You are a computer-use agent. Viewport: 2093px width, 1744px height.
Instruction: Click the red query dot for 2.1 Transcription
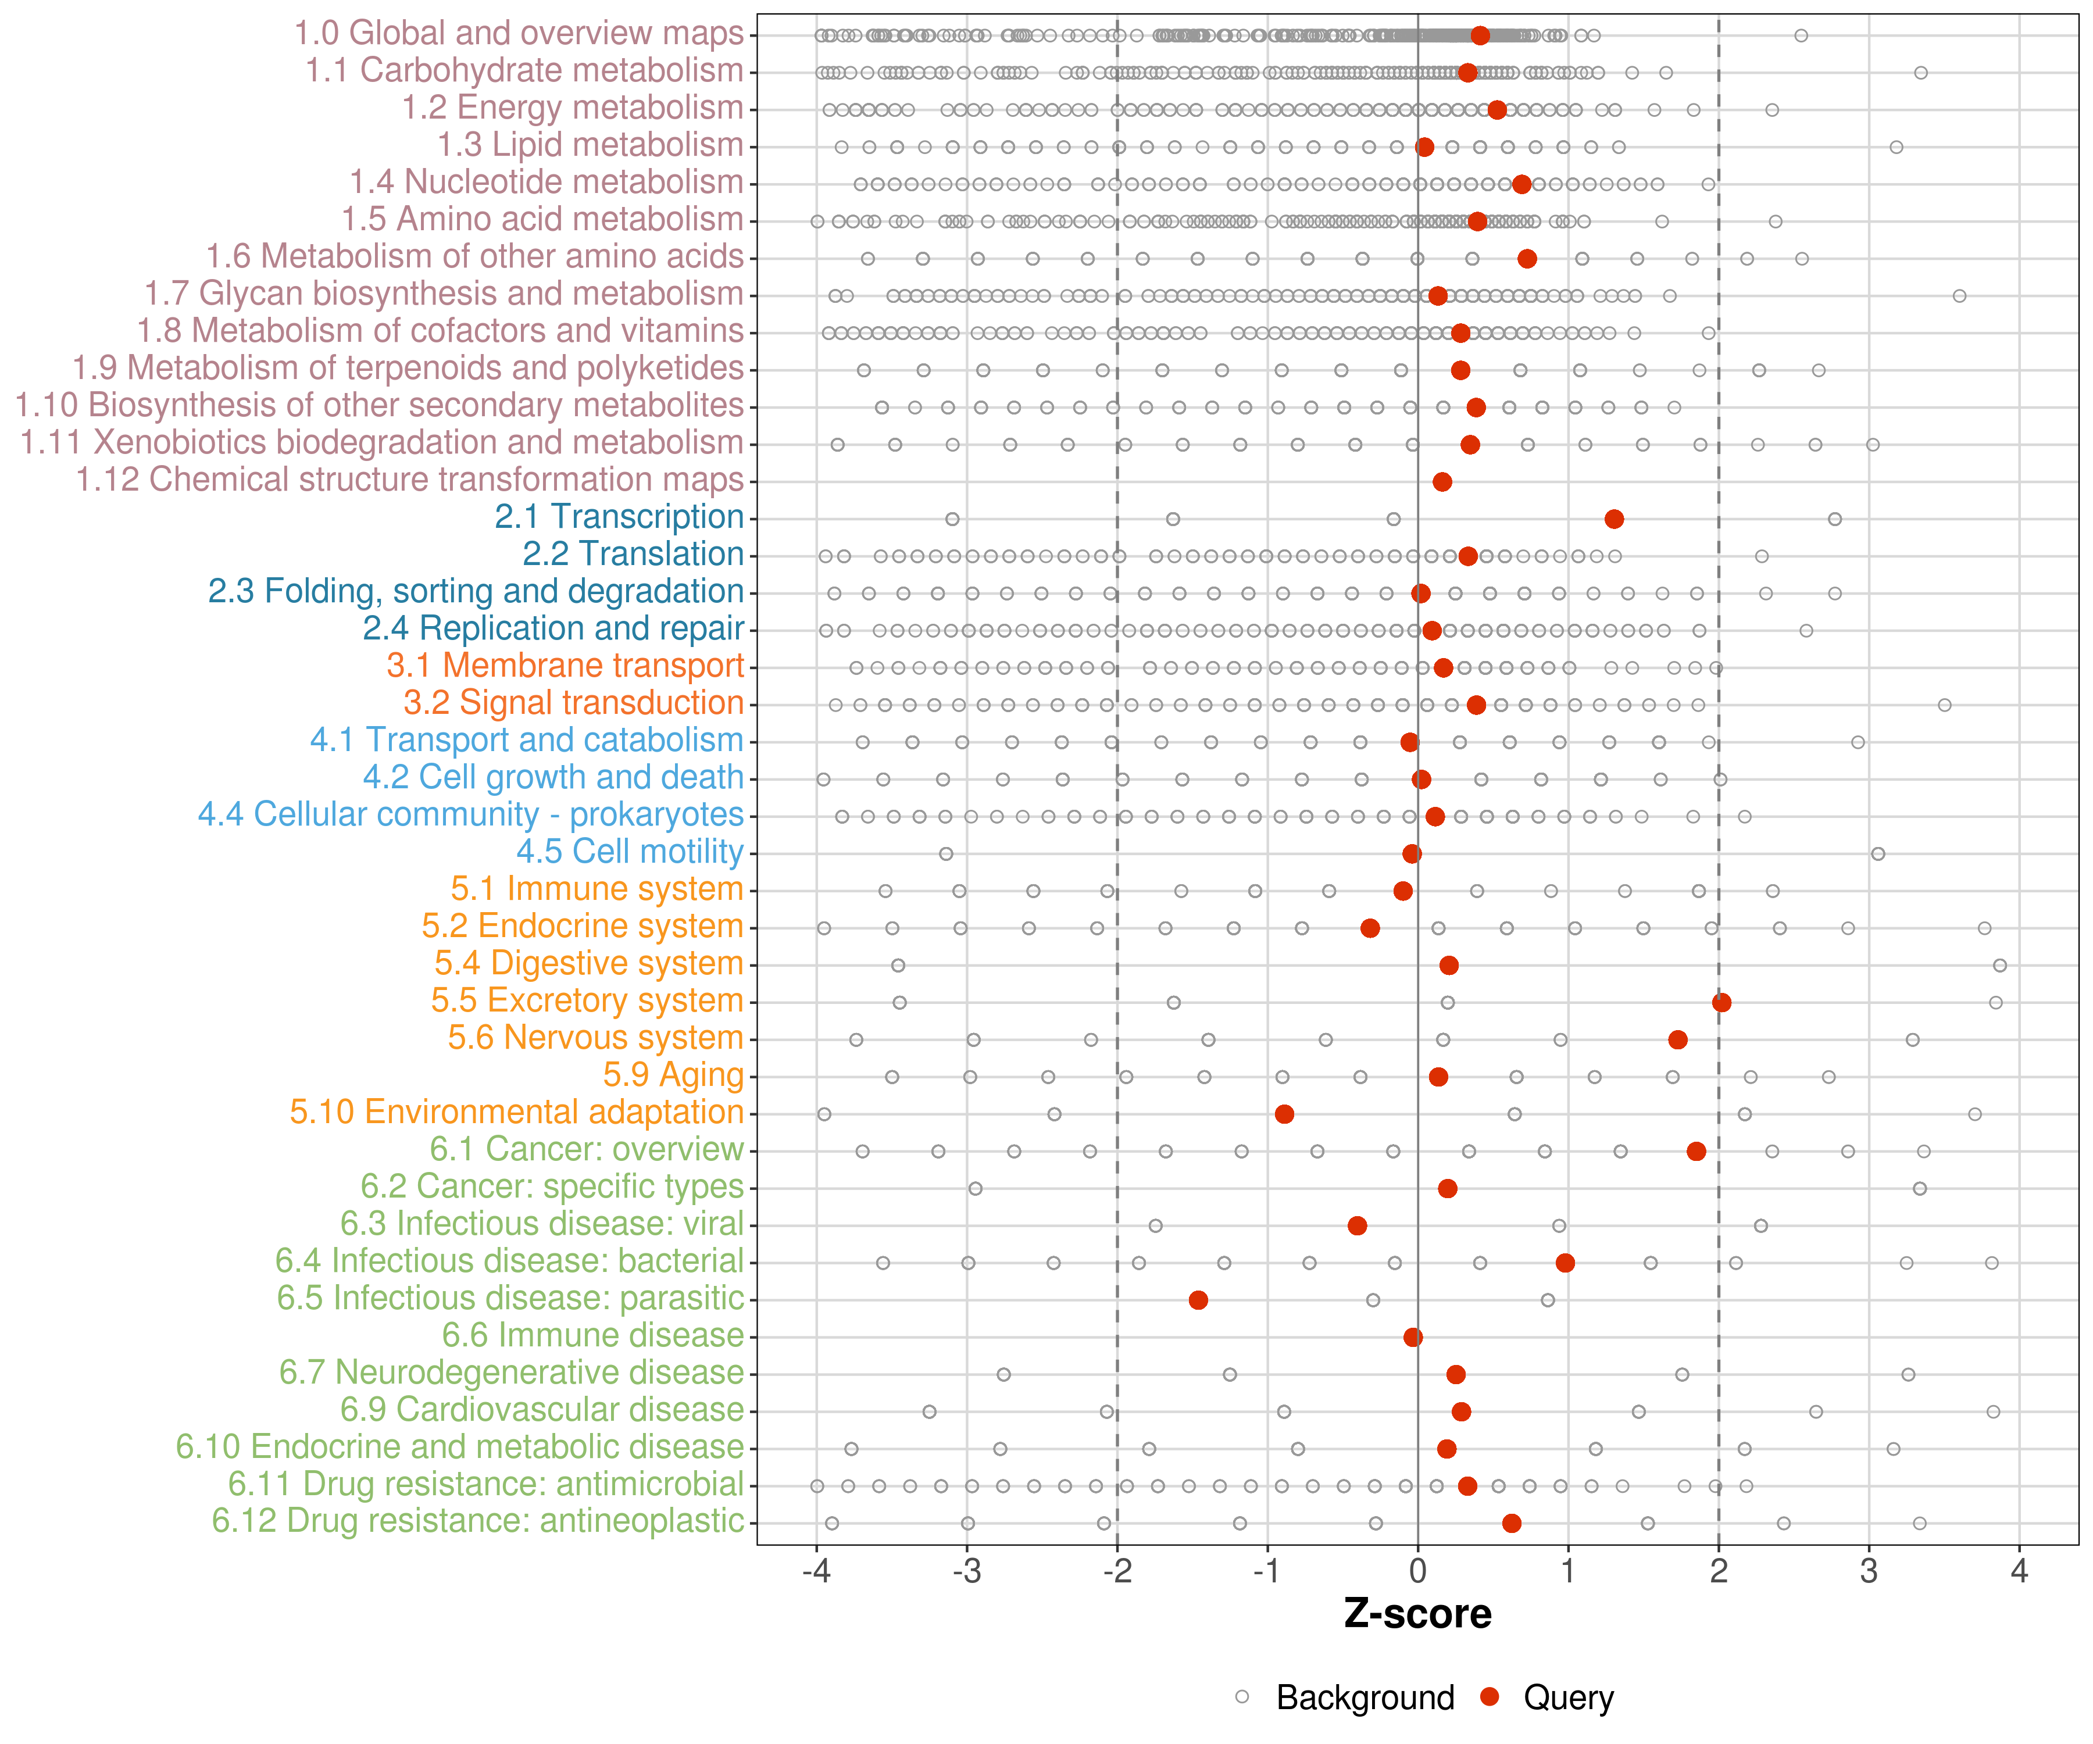1613,518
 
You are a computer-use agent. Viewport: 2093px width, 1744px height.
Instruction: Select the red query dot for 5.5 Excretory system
1721,1002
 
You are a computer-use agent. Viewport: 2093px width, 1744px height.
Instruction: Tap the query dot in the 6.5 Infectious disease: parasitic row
1198,1299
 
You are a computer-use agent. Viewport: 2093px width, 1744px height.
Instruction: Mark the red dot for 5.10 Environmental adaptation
1284,1113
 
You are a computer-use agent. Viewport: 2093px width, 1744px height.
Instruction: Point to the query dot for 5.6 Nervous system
1677,1039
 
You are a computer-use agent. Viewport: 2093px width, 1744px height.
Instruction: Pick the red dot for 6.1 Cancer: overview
1695,1151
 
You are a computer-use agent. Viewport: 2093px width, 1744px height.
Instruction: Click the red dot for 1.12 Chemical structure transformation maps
1441,481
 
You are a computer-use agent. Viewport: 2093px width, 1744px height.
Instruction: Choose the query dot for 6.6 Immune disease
1412,1336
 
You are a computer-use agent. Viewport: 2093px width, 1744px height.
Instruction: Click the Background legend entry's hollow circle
1242,1696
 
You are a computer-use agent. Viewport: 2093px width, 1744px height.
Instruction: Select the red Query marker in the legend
1489,1696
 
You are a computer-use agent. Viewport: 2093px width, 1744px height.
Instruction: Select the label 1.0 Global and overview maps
518,33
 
